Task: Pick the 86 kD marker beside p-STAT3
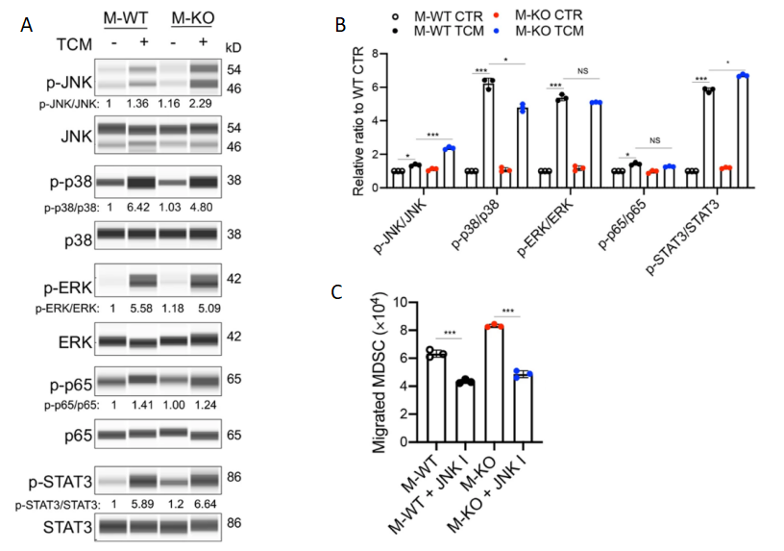click(232, 476)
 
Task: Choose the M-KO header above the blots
click(190, 18)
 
